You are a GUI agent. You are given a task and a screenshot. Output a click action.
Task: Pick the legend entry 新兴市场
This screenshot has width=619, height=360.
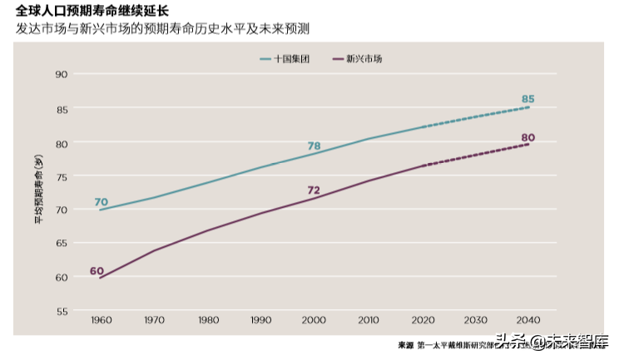pos(364,60)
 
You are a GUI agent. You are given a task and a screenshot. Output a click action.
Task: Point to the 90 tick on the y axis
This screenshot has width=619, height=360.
pos(61,75)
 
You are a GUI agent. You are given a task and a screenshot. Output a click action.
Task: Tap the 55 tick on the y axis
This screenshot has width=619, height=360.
pos(61,312)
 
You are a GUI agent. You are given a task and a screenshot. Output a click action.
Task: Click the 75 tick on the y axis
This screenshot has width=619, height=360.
pos(61,176)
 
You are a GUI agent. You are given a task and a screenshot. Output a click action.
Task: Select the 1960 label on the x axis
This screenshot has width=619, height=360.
pos(101,320)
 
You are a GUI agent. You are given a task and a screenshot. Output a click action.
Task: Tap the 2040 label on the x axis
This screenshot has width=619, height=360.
pos(527,320)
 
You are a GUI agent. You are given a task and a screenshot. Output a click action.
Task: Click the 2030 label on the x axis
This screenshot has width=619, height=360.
pos(475,320)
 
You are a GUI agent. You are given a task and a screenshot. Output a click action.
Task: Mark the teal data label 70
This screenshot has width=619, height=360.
pos(101,202)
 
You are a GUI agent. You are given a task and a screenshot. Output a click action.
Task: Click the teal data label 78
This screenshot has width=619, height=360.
pos(314,146)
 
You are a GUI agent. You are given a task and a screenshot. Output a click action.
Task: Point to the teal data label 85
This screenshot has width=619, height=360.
pos(527,99)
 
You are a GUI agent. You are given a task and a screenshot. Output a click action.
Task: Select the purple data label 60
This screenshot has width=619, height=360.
pos(97,271)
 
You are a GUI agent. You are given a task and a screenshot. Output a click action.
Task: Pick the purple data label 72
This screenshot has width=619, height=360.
pos(314,190)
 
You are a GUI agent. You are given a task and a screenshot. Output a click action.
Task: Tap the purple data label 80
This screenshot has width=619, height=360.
pos(527,137)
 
